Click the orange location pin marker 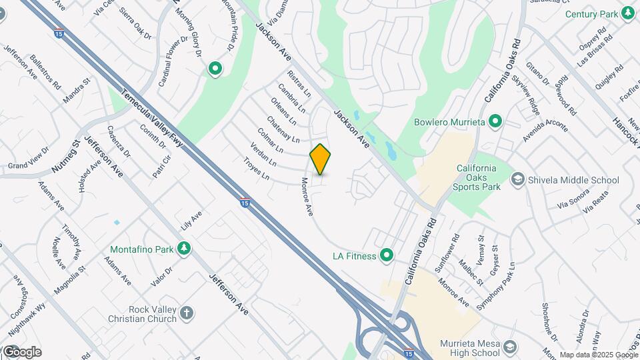pyautogui.click(x=321, y=159)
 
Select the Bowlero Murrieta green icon pyautogui.click(x=495, y=122)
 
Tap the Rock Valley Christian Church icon pyautogui.click(x=187, y=313)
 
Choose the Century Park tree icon pyautogui.click(x=628, y=13)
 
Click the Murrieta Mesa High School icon pyautogui.click(x=510, y=347)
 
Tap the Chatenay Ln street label pyautogui.click(x=283, y=129)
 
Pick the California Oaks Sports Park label pyautogui.click(x=478, y=177)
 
